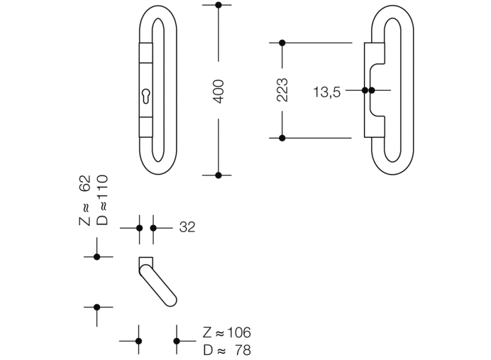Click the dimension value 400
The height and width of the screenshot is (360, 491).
pyautogui.click(x=219, y=90)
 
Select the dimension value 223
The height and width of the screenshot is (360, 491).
pyautogui.click(x=282, y=90)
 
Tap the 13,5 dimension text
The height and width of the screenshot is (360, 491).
pyautogui.click(x=327, y=92)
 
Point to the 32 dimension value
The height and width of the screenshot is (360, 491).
pyautogui.click(x=187, y=228)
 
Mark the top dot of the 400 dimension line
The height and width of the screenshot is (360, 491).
pyautogui.click(x=219, y=5)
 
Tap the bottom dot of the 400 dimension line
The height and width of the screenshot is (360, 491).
pyautogui.click(x=219, y=175)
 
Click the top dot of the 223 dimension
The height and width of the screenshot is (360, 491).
pyautogui.click(x=282, y=43)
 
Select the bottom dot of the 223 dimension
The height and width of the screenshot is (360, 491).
pyautogui.click(x=282, y=138)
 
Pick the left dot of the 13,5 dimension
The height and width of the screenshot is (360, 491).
pyautogui.click(x=365, y=90)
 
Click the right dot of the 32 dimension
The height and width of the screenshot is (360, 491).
pyautogui.click(x=153, y=228)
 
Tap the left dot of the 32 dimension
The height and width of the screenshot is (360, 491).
pyautogui.click(x=139, y=228)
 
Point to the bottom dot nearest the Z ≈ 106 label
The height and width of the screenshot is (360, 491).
pyautogui.click(x=176, y=341)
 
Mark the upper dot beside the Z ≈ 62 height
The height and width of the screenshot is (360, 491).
pyautogui.click(x=96, y=257)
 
